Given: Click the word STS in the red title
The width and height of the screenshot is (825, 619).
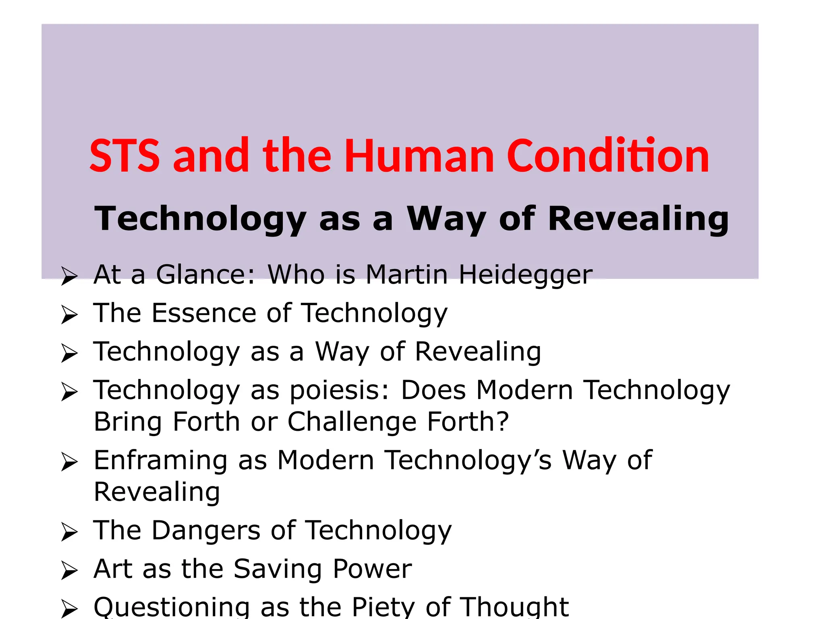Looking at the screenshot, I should [124, 156].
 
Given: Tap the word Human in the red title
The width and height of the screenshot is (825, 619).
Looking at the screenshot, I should [419, 156].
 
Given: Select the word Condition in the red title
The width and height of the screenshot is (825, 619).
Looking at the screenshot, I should [608, 156].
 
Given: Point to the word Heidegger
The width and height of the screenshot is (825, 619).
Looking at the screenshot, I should [526, 275].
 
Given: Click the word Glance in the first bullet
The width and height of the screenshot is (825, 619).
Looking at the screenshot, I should [206, 274].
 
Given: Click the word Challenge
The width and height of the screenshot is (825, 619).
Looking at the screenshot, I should [352, 422].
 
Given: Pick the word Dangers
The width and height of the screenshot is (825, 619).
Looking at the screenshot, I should [206, 530].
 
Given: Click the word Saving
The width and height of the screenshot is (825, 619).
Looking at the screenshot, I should [278, 569].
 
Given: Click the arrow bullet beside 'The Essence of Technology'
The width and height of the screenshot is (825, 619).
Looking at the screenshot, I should [69, 315].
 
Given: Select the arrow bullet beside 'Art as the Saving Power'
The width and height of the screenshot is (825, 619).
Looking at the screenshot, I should [69, 571].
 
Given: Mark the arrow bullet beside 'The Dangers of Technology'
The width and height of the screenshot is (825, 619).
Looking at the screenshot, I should [69, 532].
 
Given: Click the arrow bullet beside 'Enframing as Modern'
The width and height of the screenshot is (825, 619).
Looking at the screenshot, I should [69, 462].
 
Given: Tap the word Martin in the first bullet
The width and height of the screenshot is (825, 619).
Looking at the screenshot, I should [407, 274].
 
